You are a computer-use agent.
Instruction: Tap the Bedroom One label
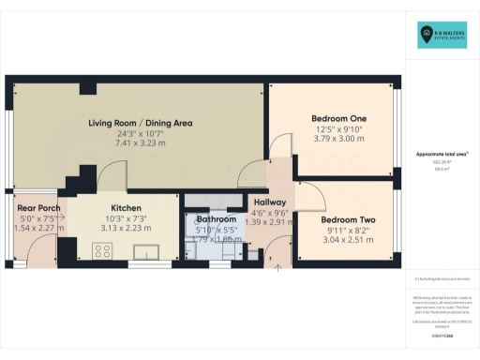click(x=338, y=119)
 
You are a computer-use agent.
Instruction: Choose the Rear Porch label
click(x=38, y=206)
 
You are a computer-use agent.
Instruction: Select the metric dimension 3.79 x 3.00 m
click(x=338, y=139)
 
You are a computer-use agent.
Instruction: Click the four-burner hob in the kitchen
click(x=103, y=250)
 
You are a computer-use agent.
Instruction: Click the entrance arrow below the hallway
click(x=277, y=267)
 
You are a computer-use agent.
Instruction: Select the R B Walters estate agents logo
click(x=442, y=36)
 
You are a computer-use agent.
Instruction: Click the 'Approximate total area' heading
click(x=442, y=154)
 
